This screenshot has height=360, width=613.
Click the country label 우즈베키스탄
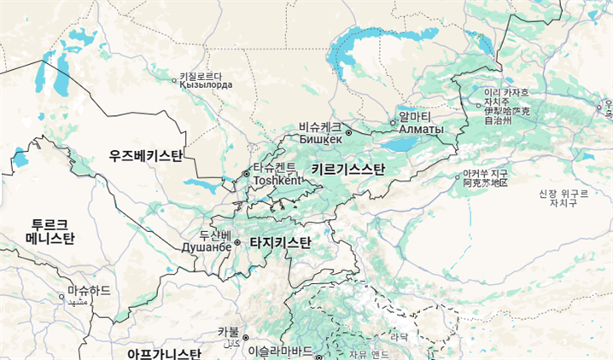[x=146, y=156]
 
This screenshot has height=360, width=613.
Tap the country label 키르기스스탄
[x=347, y=170]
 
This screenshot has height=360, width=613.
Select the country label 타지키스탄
[x=280, y=243]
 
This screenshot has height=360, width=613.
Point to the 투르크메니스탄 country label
[x=50, y=229]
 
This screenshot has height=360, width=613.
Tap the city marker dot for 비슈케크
[x=348, y=133]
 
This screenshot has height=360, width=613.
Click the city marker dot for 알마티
[x=393, y=123]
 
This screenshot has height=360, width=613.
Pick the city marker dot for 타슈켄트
[x=247, y=173]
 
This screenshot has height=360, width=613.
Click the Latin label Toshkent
[x=278, y=181]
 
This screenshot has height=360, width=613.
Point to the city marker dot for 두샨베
[x=237, y=242]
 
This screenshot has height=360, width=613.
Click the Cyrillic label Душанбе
[x=206, y=247]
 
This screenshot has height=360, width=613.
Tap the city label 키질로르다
[x=206, y=75]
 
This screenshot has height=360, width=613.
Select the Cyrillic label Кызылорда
[x=206, y=84]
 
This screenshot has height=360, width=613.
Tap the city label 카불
[x=228, y=331]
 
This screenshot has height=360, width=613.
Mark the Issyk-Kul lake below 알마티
[x=407, y=145]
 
